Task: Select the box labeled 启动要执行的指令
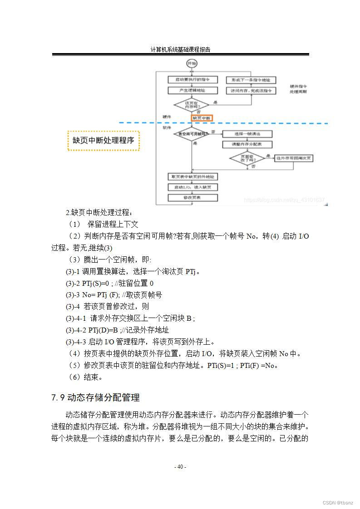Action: pyautogui.click(x=192, y=79)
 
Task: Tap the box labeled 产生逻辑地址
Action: pyautogui.click(x=192, y=91)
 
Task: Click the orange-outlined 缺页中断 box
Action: pyautogui.click(x=202, y=118)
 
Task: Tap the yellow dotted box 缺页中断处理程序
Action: pyautogui.click(x=104, y=141)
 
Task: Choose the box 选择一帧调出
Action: pyautogui.click(x=247, y=134)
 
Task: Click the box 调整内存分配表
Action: pyautogui.click(x=247, y=144)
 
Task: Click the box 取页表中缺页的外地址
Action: pyautogui.click(x=192, y=176)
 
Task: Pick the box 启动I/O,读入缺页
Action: pyautogui.click(x=192, y=187)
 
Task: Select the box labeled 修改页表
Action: pyautogui.click(x=192, y=198)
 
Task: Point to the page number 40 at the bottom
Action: pyautogui.click(x=180, y=467)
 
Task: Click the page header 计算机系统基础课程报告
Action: pyautogui.click(x=180, y=49)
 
